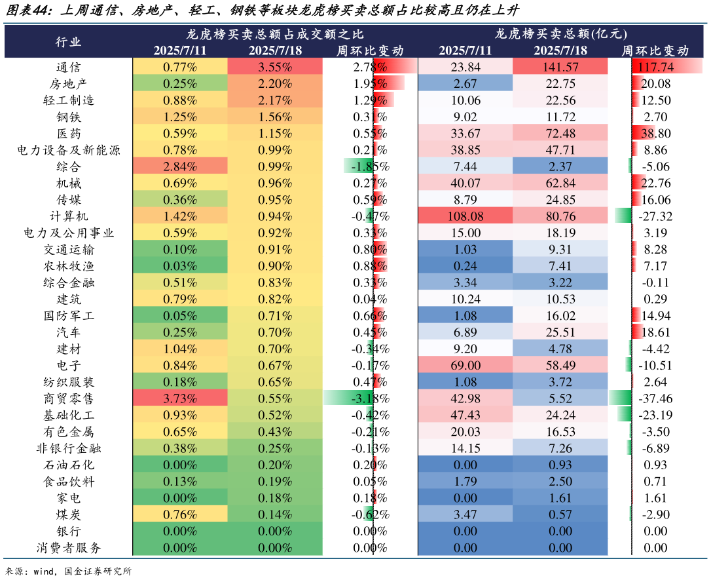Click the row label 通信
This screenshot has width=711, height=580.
tap(69, 67)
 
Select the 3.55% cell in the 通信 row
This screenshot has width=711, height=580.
tap(275, 67)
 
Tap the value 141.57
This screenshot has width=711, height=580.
tap(560, 67)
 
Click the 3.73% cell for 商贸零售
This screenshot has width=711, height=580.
tap(180, 398)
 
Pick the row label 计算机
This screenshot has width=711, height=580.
tap(69, 216)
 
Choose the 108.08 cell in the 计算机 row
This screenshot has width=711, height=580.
tap(465, 216)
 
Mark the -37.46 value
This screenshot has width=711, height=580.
tap(655, 398)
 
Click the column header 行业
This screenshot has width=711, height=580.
tap(69, 41)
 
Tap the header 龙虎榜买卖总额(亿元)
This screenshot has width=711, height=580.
tap(560, 33)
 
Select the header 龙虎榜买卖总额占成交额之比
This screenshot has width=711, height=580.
tap(275, 33)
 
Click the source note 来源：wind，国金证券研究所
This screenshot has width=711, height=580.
tap(69, 571)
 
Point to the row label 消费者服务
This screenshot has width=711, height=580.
tap(69, 548)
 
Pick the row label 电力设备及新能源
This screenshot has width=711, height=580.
tap(69, 149)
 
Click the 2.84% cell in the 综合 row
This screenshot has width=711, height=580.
tap(180, 166)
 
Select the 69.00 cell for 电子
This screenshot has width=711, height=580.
tap(465, 365)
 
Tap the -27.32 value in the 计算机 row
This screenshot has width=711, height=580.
tap(655, 216)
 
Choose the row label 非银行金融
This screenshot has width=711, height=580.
tap(69, 448)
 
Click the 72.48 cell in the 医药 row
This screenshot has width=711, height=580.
tap(560, 133)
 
